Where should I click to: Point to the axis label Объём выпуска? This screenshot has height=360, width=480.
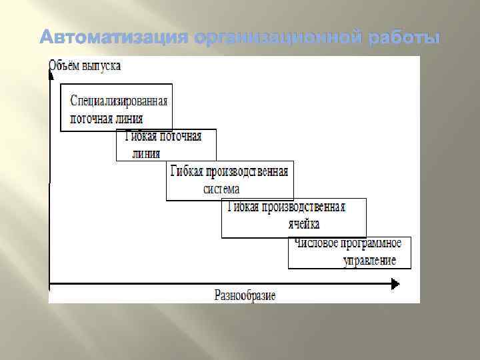85,66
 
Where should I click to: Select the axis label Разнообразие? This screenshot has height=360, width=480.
245,295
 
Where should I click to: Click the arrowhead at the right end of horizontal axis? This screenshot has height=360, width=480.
395,285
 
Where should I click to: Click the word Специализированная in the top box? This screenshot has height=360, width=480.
119,101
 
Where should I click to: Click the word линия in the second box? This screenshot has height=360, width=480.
146,152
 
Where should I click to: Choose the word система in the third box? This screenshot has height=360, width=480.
221,188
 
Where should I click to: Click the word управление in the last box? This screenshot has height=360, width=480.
369,260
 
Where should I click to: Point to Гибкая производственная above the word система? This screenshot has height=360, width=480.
229,171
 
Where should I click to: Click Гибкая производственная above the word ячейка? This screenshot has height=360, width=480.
287,207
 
